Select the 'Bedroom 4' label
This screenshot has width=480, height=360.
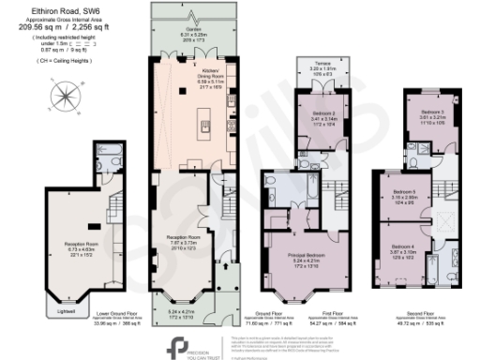[x=409, y=247]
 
